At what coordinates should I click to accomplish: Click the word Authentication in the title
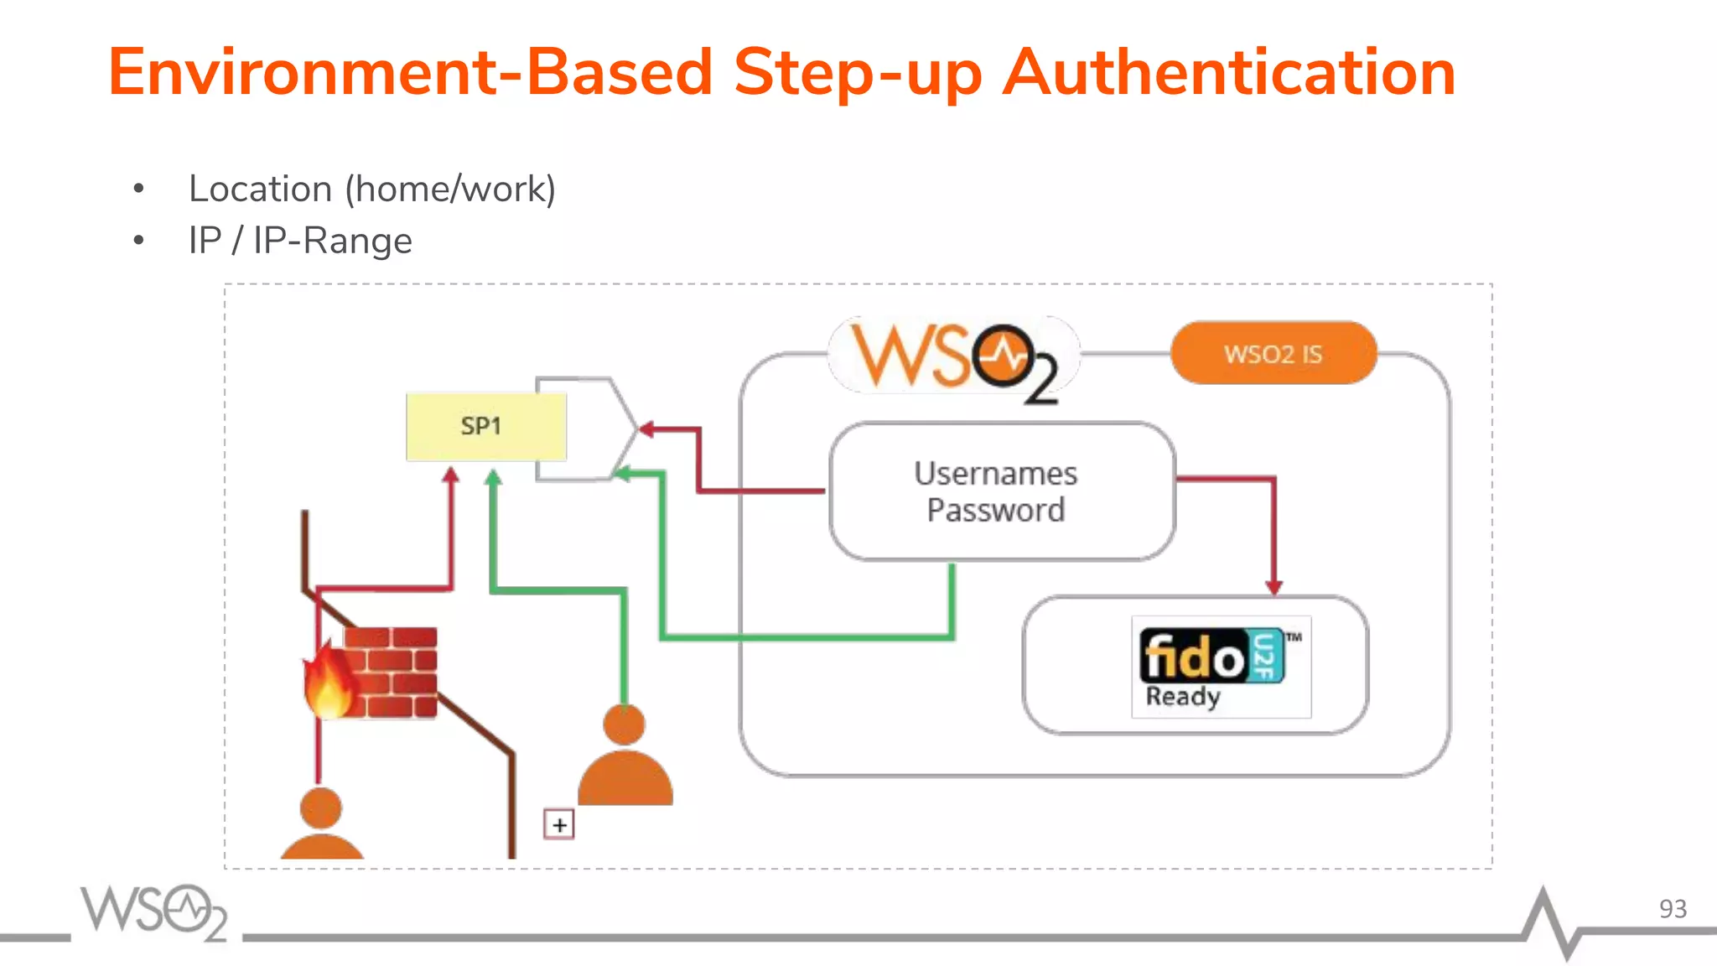pyautogui.click(x=1228, y=73)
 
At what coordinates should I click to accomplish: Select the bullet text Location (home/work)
pyautogui.click(x=372, y=189)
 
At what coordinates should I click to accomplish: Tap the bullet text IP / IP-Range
pyautogui.click(x=300, y=241)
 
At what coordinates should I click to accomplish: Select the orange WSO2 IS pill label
pyautogui.click(x=1273, y=354)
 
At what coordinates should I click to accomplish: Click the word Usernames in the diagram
pyautogui.click(x=995, y=474)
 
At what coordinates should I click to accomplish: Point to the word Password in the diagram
pyautogui.click(x=995, y=511)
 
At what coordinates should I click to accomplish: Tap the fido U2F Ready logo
pyautogui.click(x=1221, y=667)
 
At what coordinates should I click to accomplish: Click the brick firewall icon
pyautogui.click(x=391, y=672)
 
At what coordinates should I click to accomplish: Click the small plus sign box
pyautogui.click(x=559, y=824)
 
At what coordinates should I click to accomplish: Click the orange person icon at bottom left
pyautogui.click(x=321, y=825)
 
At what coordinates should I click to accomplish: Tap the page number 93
pyautogui.click(x=1672, y=909)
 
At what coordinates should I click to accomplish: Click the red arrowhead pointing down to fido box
pyautogui.click(x=1273, y=587)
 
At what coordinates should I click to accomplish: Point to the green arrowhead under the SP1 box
pyautogui.click(x=493, y=478)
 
